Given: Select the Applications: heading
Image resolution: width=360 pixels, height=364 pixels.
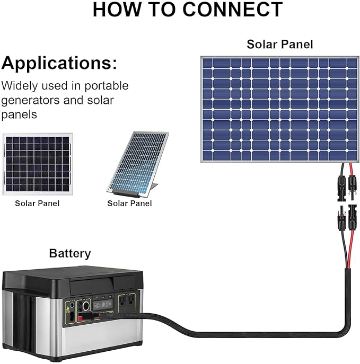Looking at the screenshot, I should point(59,63).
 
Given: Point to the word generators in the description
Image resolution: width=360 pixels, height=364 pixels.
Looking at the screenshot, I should point(30,100).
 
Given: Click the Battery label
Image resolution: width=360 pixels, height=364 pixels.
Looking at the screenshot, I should point(70,253).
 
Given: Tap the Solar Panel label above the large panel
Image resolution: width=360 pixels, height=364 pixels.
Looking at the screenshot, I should point(279,44).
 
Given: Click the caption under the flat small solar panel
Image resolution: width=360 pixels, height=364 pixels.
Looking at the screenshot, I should point(37,203).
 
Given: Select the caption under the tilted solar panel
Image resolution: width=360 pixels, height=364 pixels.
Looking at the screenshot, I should point(129,203).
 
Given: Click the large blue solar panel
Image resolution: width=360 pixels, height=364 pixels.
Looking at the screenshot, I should point(279,109).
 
